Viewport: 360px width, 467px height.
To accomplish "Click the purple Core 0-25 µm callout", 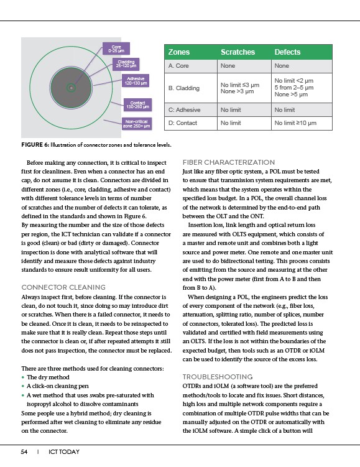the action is click(116, 49).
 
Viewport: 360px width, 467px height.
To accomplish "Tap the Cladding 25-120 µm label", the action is click(126, 64).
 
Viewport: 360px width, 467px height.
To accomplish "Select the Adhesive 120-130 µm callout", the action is click(136, 81).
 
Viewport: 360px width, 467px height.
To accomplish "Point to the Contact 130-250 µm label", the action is click(137, 105).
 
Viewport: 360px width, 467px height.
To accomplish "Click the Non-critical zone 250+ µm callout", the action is click(136, 124).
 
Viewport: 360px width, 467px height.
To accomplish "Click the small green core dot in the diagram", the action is click(71, 88).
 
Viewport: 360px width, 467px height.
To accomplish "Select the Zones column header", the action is click(179, 52).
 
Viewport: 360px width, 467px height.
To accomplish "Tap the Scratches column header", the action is click(238, 52).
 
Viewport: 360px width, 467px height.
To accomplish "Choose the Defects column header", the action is click(287, 52).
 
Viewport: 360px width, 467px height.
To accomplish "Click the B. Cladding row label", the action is click(183, 88).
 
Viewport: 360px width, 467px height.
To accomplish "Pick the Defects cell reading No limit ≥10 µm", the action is click(295, 123).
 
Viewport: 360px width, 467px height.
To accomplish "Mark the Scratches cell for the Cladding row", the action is click(240, 88).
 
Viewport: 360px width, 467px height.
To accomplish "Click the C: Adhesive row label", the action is click(184, 110).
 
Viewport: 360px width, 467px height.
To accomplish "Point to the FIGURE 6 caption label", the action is click(35, 145).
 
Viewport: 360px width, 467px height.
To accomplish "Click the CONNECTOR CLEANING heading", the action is click(63, 287).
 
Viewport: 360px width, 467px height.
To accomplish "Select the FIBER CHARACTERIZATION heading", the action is click(229, 162).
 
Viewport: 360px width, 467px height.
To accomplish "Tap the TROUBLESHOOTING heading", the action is click(218, 377).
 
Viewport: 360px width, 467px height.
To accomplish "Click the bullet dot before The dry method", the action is click(23, 377).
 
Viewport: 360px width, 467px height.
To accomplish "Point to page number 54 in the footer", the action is click(24, 452).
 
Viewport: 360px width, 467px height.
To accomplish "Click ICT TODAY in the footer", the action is click(64, 452).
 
